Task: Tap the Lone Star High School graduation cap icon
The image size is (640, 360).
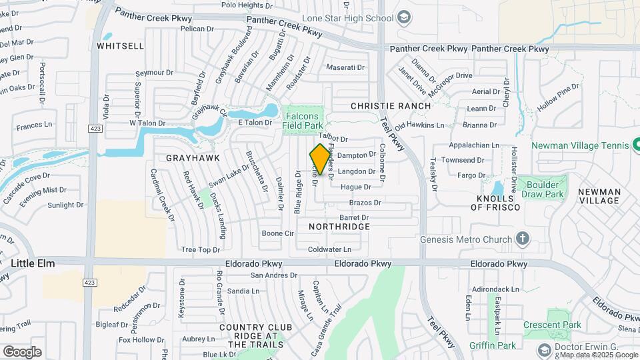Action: click(404, 17)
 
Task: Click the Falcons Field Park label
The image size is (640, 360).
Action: click(303, 119)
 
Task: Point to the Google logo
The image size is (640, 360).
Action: click(22, 351)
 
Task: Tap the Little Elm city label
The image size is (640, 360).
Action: click(33, 263)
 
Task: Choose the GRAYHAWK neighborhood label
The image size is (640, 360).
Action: click(189, 158)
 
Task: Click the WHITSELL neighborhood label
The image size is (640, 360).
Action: click(120, 46)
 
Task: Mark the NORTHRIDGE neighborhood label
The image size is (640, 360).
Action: click(339, 227)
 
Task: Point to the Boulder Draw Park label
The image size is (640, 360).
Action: click(545, 189)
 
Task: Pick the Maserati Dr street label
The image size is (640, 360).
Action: click(345, 67)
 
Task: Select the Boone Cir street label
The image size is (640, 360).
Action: click(277, 233)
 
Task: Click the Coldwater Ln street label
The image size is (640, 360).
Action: click(329, 249)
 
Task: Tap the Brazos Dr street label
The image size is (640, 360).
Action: click(365, 202)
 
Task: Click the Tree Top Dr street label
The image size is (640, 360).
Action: click(200, 249)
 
